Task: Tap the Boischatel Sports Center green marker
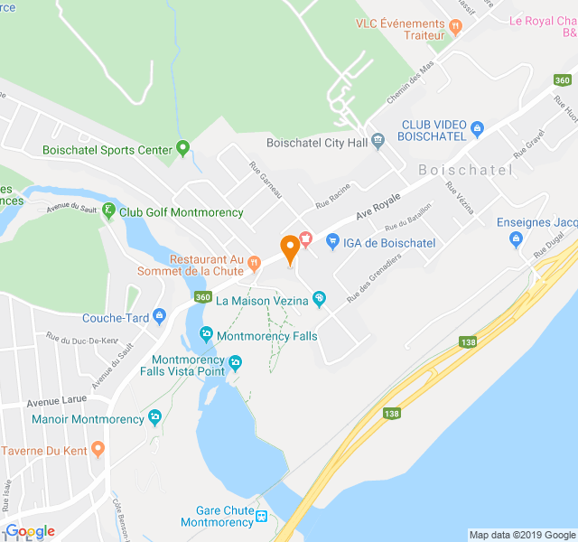coord(182,147)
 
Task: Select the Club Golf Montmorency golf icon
coord(108,211)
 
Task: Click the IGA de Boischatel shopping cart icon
coord(332,241)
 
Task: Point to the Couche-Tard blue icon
coord(160,315)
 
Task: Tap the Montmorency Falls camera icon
coord(206,334)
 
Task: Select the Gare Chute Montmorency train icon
coord(261,516)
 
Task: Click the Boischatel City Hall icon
coord(378,140)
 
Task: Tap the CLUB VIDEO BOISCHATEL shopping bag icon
coord(478,128)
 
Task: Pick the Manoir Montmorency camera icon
coord(155,417)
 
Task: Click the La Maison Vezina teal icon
coord(318,299)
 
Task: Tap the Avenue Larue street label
coord(55,401)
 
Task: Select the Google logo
coord(30,531)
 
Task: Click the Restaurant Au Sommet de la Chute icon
coord(256,263)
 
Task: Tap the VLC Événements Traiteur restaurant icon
coord(456,27)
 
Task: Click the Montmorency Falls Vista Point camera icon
coord(235,363)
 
